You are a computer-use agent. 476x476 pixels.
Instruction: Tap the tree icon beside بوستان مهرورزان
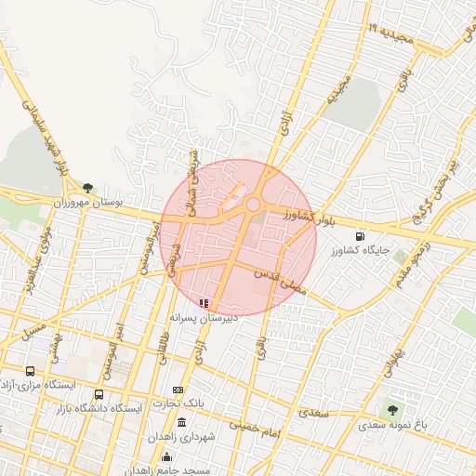coord(88,188)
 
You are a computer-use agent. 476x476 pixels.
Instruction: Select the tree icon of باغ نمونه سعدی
coord(392,408)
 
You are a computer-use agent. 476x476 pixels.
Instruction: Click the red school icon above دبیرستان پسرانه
coord(205,302)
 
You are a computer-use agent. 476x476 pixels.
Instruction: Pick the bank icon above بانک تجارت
coord(178,390)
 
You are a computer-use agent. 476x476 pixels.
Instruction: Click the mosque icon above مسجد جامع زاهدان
coord(166,456)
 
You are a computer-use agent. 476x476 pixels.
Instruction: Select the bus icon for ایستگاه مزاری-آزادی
coord(32,370)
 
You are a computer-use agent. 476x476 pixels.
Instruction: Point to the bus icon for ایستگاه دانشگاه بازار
coord(99,394)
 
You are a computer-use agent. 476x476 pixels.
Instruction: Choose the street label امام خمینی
coord(254,426)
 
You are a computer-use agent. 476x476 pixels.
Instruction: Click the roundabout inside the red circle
coord(252,205)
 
